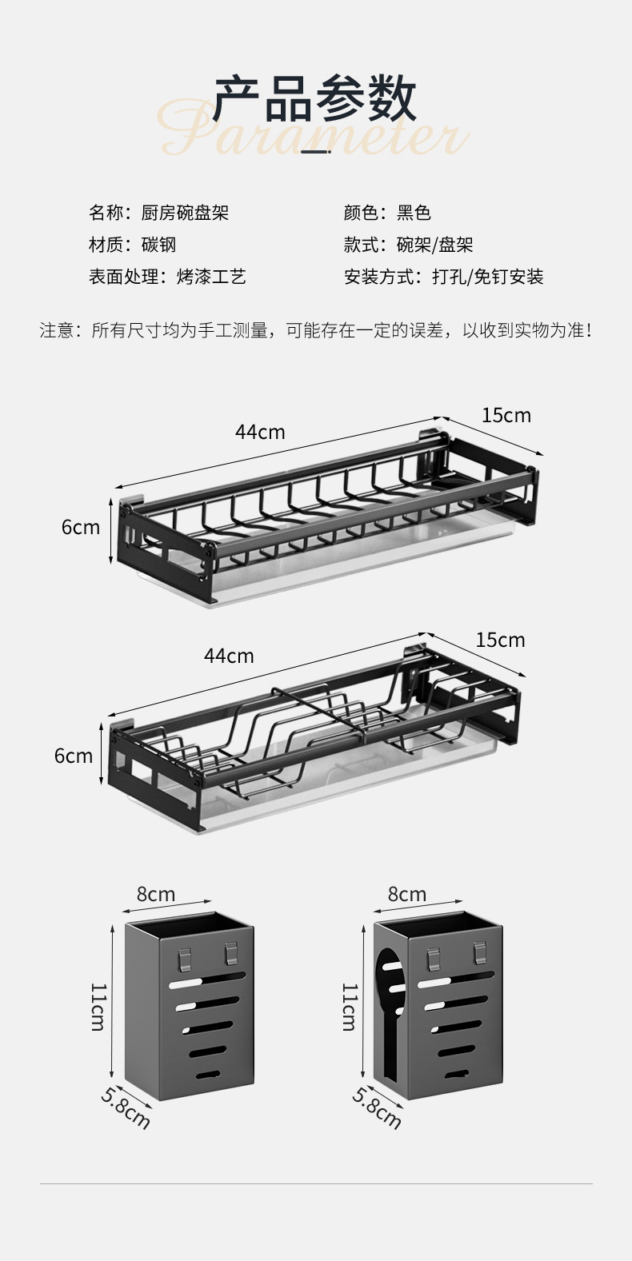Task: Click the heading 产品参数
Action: point(315,99)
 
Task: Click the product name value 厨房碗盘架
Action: point(185,213)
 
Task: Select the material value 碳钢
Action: point(158,245)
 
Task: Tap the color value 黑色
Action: point(414,213)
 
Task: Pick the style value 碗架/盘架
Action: point(434,245)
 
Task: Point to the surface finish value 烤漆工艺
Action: point(211,277)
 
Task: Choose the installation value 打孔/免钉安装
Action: point(487,277)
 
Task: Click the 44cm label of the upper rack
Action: point(260,432)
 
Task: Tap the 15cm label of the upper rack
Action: point(506,415)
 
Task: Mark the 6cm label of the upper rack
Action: point(81,527)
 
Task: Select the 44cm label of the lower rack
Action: point(229,656)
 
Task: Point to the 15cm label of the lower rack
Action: point(500,640)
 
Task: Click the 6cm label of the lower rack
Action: point(74,756)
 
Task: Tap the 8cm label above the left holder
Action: point(155,894)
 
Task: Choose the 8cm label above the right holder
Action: point(407,894)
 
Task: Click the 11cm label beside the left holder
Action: point(98,1007)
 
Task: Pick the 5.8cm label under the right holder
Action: point(376,1107)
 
